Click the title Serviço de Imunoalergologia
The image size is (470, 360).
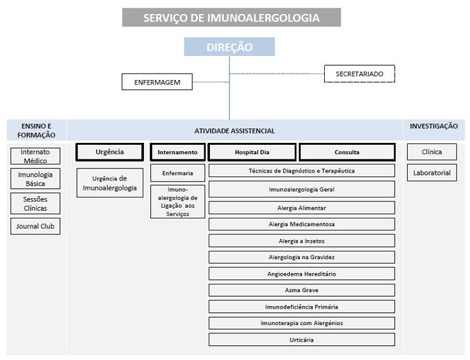231,18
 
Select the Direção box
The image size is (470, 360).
229,47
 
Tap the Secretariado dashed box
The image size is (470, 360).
359,74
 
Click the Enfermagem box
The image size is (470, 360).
157,82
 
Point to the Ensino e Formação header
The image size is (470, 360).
36,130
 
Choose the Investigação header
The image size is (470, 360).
433,126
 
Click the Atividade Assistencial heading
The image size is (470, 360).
234,131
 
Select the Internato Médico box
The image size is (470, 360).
36,156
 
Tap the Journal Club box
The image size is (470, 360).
36,226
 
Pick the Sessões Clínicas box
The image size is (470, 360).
36,203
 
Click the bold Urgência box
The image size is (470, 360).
110,152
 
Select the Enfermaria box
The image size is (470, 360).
178,173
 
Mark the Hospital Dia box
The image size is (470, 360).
252,152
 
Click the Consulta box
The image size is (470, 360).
347,152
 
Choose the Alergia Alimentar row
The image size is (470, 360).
301,208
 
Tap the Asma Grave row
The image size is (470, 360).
301,290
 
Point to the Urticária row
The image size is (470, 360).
301,340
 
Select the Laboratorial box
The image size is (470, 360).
431,173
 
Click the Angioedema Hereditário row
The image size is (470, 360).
301,274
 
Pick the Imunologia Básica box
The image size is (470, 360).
36,179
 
